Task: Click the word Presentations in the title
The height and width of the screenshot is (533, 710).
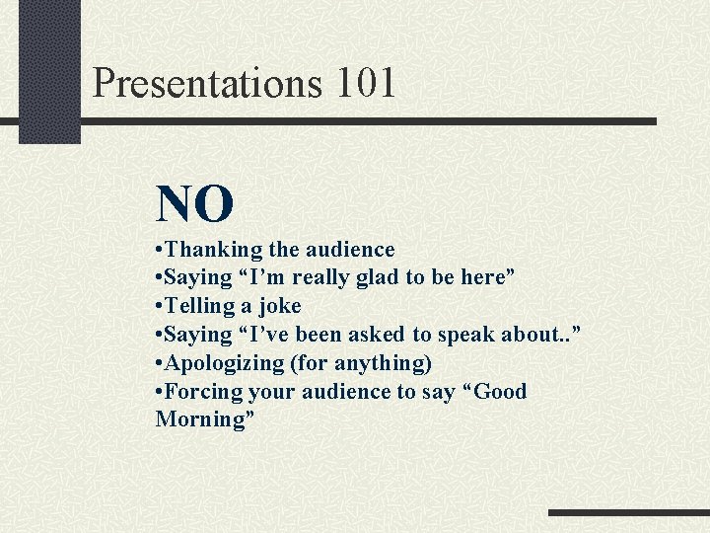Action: click(207, 83)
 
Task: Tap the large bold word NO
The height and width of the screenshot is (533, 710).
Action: click(194, 204)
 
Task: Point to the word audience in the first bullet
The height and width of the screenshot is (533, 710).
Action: click(349, 250)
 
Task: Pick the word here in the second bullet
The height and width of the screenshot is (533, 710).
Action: click(482, 277)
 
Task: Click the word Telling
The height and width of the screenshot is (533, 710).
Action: click(200, 306)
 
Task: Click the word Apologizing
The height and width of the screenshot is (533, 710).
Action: click(224, 363)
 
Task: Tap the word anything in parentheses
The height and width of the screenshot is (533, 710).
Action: click(382, 363)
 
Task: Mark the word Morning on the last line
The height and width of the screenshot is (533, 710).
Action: click(201, 419)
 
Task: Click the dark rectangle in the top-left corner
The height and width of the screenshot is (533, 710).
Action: click(49, 71)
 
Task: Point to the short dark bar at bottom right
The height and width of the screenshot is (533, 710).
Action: click(628, 513)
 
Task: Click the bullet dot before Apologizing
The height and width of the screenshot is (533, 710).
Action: click(160, 363)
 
